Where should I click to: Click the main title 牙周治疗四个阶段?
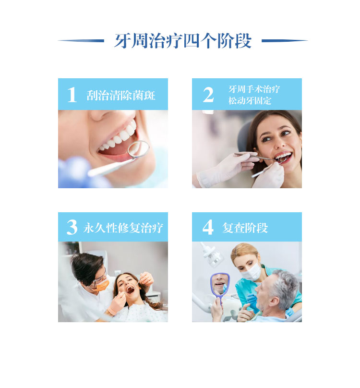tap(183, 41)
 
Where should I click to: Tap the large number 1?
tap(72, 95)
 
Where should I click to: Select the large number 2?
tap(208, 95)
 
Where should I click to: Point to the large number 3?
tap(72, 227)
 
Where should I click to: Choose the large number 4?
tap(208, 227)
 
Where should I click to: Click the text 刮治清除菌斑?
tap(121, 95)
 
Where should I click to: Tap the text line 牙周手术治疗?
tap(254, 89)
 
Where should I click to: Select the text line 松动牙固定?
tap(250, 100)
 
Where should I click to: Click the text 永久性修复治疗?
tap(123, 228)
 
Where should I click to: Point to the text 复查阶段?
tap(245, 228)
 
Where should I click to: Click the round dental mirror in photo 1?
tap(139, 149)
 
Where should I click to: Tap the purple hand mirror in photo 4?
tap(220, 287)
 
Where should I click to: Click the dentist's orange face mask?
tap(102, 285)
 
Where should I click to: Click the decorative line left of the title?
tap(81, 41)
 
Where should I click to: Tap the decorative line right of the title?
tap(285, 41)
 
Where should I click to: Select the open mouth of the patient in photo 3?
tap(130, 290)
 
